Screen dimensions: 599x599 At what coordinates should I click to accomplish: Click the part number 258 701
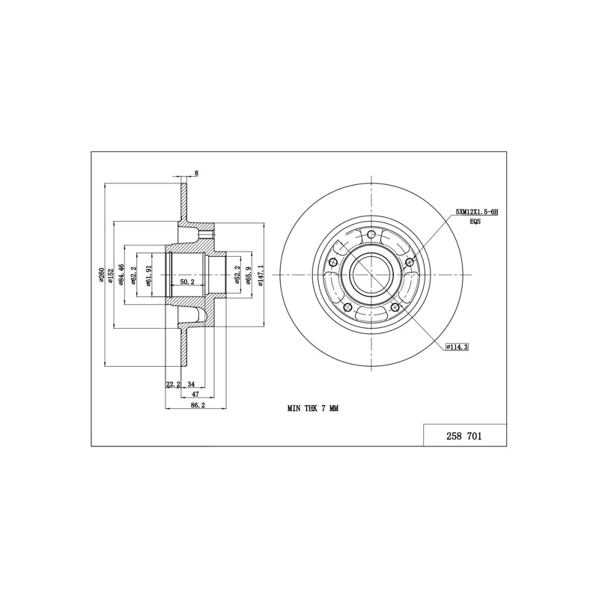click(463, 436)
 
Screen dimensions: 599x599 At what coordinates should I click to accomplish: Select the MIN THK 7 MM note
click(313, 408)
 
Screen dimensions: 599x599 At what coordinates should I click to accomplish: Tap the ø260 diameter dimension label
click(101, 274)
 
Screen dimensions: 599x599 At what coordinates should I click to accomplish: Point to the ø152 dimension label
click(111, 276)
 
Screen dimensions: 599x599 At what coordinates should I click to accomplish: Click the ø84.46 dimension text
click(121, 274)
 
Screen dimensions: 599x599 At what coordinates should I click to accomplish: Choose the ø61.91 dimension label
click(149, 276)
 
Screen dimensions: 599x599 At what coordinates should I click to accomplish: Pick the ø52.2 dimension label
click(237, 275)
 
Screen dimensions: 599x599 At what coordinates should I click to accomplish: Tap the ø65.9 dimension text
click(249, 275)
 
